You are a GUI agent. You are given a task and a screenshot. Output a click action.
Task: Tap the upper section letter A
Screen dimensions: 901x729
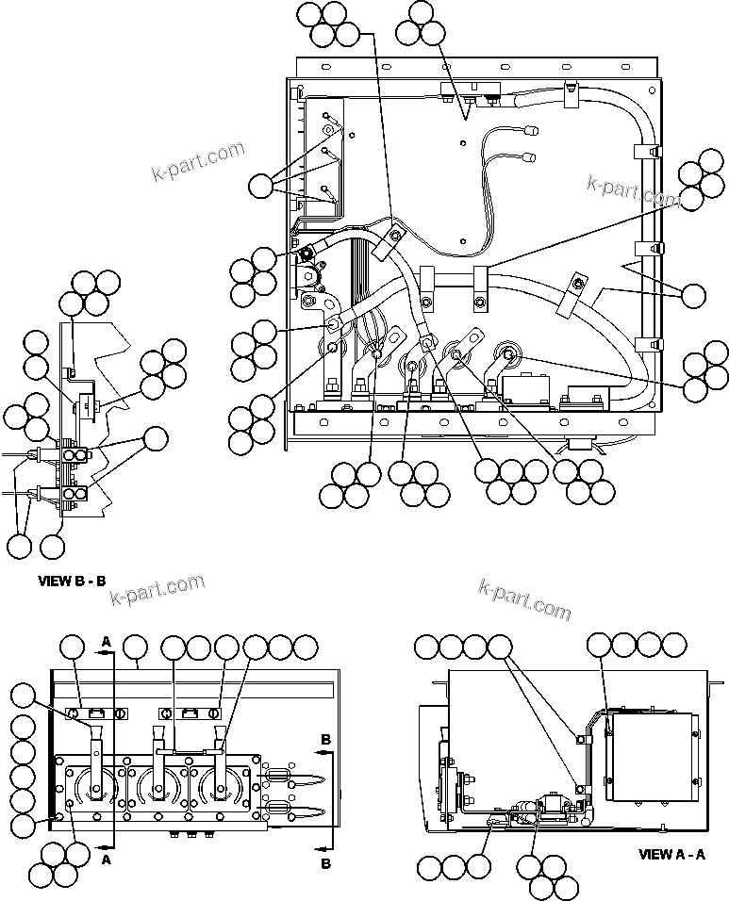106,641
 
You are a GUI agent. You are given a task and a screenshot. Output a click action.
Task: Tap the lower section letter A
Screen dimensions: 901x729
106,859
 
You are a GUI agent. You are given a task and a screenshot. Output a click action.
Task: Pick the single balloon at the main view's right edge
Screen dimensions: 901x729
693,295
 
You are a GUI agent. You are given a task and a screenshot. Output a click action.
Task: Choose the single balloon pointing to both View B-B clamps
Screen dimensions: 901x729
153,437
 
